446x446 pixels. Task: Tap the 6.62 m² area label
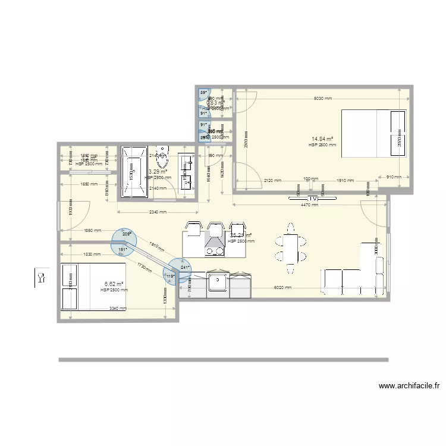coord(114,284)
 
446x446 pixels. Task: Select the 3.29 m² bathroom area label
coord(158,171)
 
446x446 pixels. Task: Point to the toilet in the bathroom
coord(162,153)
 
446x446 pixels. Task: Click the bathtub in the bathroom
coord(134,171)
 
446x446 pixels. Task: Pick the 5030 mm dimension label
coord(323,99)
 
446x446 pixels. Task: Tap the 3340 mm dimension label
coord(118,309)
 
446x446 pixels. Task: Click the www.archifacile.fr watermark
coord(409,385)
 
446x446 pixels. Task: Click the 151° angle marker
coord(123,250)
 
